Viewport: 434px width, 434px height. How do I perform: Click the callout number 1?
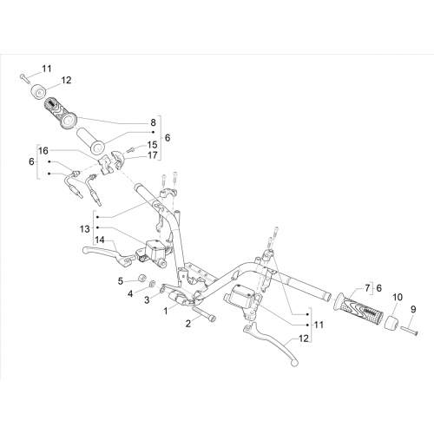point(166,311)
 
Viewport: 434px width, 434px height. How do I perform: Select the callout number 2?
point(188,324)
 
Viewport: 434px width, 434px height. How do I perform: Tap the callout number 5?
point(121,281)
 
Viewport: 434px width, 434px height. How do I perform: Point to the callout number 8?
point(153,122)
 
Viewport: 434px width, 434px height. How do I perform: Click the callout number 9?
point(413,309)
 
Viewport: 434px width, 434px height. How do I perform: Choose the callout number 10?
point(398,297)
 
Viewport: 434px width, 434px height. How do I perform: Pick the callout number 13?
point(85,229)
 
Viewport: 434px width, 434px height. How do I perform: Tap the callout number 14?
point(100,240)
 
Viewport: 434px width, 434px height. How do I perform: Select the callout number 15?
point(152,144)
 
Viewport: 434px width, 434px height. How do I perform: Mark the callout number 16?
point(43,151)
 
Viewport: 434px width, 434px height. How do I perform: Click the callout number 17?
point(153,155)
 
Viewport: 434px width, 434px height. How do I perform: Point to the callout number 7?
point(367,288)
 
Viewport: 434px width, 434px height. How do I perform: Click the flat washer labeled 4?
point(152,284)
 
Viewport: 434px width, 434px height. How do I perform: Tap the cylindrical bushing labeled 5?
point(142,279)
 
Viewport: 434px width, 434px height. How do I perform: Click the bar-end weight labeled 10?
point(391,323)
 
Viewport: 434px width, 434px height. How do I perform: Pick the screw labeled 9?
point(410,331)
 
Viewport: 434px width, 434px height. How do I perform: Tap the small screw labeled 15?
point(131,150)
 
